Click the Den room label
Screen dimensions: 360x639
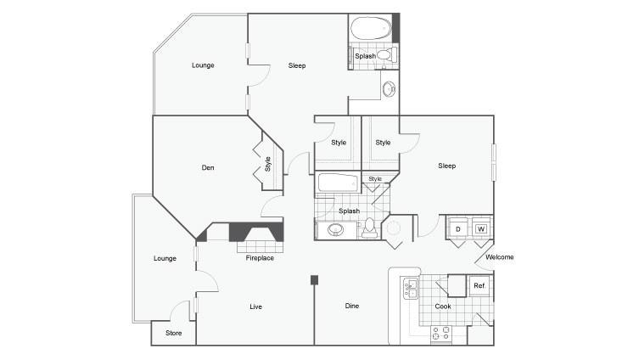tap(208, 168)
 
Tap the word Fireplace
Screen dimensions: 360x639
tap(260, 258)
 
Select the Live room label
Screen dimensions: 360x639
tap(255, 306)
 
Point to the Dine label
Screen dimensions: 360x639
tap(353, 306)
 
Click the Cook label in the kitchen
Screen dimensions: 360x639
tap(443, 307)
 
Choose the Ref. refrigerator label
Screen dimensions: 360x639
tap(479, 286)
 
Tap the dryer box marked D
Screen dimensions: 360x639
tap(457, 229)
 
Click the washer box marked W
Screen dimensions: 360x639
tap(481, 229)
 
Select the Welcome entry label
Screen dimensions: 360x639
tap(499, 257)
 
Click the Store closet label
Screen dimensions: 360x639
tap(173, 333)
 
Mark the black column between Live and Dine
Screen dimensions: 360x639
tap(314, 279)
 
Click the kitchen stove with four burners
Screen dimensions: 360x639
tap(440, 333)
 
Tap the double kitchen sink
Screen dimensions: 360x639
tap(410, 289)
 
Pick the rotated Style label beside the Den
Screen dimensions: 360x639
tap(268, 163)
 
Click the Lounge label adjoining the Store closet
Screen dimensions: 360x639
tap(165, 258)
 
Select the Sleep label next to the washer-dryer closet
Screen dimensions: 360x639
tap(447, 166)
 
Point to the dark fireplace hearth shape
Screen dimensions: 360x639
tap(247, 233)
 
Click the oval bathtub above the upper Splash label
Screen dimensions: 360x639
tap(369, 29)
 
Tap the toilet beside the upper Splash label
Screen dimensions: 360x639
tap(384, 56)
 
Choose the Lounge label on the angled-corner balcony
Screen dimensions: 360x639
tap(203, 65)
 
